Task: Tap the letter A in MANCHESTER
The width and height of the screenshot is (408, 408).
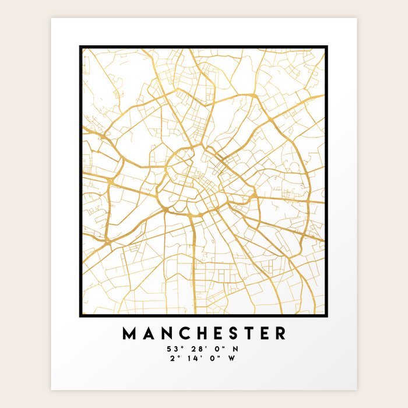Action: (149, 333)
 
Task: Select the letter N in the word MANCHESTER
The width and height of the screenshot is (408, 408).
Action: (166, 333)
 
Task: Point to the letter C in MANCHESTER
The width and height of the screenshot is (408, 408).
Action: (184, 333)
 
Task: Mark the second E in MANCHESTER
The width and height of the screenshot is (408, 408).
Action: (264, 333)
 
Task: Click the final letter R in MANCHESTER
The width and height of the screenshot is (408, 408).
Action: (280, 333)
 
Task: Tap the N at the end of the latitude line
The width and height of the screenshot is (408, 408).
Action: (235, 349)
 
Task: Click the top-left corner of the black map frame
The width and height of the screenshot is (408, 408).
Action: (80, 47)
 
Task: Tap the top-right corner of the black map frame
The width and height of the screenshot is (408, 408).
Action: (327, 47)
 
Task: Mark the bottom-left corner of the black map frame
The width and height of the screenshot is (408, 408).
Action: (80, 316)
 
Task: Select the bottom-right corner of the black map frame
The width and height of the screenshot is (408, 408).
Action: (327, 316)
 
